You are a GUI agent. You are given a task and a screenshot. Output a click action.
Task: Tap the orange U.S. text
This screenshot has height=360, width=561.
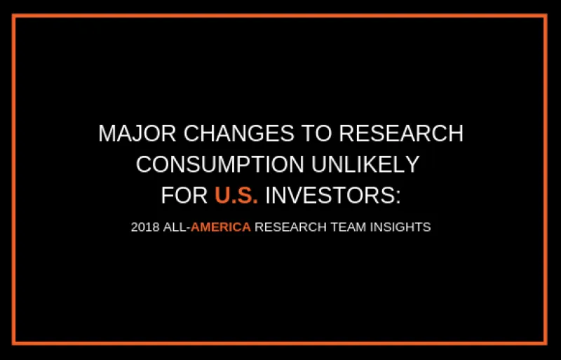tap(236, 196)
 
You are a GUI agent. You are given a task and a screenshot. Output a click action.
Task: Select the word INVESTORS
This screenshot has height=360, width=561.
tap(328, 196)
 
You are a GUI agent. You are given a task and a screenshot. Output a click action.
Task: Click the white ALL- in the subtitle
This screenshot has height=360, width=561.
tap(175, 227)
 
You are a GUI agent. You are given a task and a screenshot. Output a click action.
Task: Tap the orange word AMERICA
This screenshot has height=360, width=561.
tap(221, 227)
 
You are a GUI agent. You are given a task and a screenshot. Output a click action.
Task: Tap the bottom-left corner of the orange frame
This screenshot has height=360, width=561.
tap(14, 343)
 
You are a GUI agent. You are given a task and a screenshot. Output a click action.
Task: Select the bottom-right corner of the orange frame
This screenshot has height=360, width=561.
tap(546, 343)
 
